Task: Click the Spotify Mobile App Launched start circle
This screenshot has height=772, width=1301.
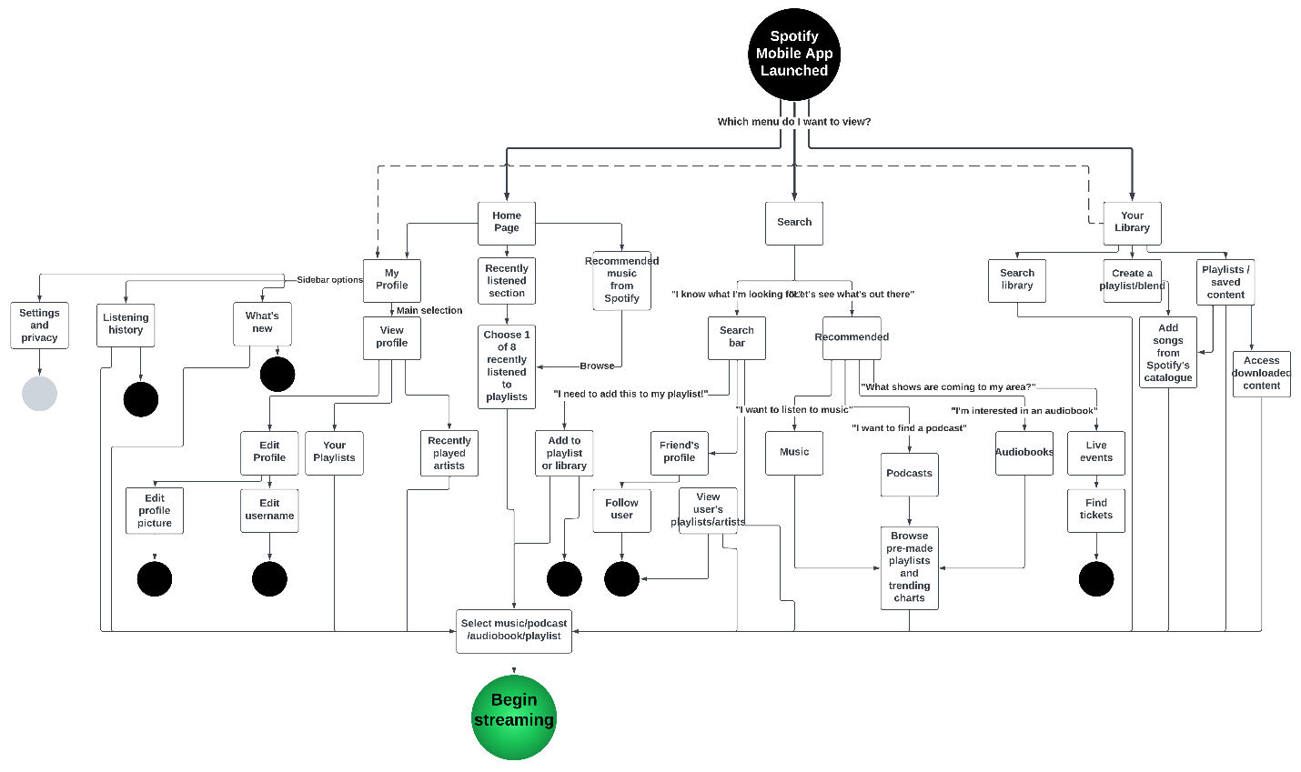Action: click(793, 54)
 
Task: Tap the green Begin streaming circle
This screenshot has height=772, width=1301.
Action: click(514, 717)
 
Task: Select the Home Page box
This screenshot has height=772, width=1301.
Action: click(507, 223)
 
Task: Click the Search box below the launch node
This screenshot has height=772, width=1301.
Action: click(794, 223)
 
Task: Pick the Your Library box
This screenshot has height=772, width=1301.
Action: click(1132, 223)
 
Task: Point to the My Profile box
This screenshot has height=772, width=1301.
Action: click(392, 280)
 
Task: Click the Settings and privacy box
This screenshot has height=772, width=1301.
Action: click(39, 326)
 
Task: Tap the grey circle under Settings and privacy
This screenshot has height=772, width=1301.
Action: click(39, 394)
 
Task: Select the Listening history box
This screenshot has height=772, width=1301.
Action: click(126, 325)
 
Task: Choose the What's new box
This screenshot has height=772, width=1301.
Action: click(262, 323)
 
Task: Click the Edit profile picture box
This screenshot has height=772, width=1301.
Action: click(155, 510)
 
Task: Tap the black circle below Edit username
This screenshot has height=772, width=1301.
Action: click(269, 579)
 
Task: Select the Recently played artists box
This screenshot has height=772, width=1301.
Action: click(449, 453)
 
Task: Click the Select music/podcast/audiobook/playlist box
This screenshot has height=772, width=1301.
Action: click(514, 630)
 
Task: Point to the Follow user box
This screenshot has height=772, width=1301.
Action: click(621, 509)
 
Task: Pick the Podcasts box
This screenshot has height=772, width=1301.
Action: click(909, 474)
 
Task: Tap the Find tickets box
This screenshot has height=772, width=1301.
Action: click(1096, 509)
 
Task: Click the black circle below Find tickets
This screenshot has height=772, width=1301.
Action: click(1096, 579)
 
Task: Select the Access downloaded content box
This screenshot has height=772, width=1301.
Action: click(1262, 374)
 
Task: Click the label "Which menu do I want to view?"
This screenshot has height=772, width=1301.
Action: click(793, 122)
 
